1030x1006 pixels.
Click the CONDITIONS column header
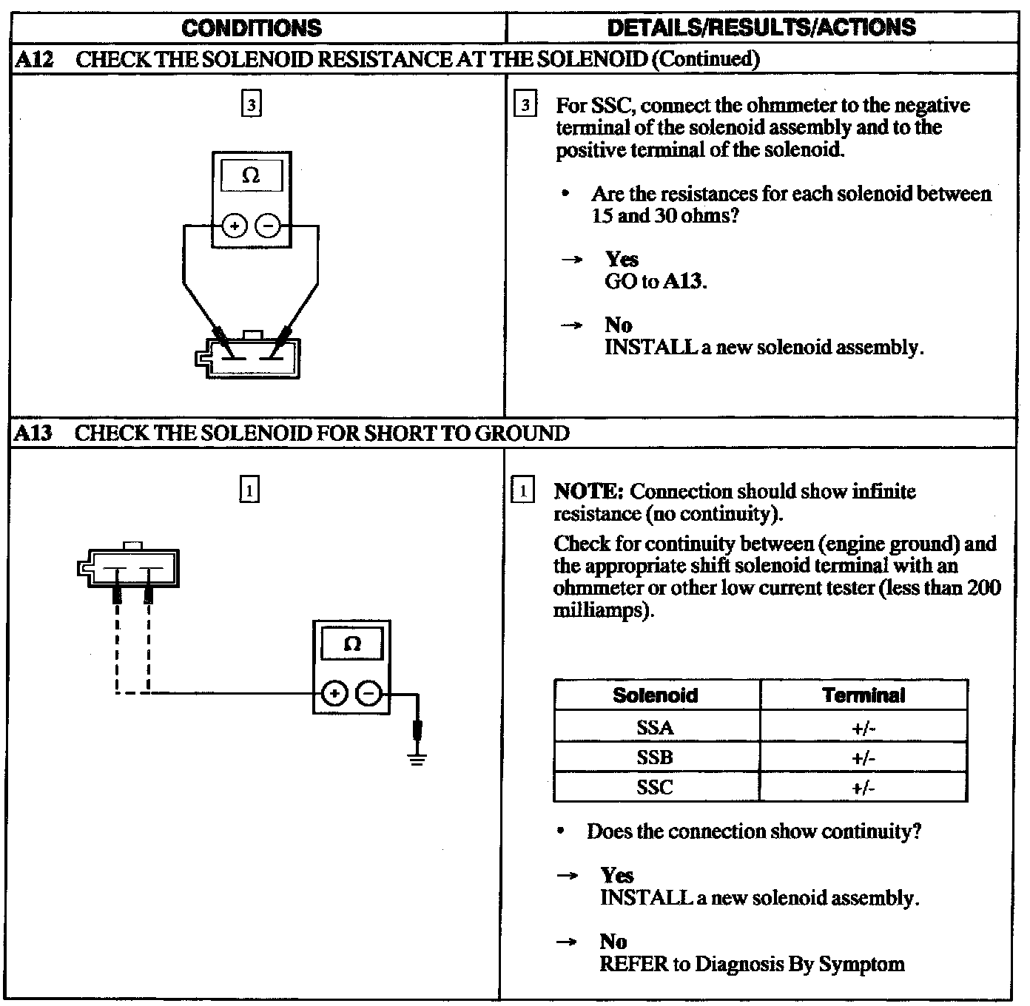[252, 28]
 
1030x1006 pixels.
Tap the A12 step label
[34, 59]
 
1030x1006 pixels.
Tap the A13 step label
[34, 433]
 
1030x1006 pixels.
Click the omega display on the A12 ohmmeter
[252, 176]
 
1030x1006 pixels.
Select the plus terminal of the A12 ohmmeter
[235, 226]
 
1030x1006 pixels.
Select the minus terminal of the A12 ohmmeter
[268, 226]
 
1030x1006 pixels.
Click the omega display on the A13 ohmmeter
[352, 644]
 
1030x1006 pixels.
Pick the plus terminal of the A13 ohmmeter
[334, 694]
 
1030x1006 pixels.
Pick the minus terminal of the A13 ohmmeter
[369, 694]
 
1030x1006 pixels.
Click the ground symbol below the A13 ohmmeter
[417, 757]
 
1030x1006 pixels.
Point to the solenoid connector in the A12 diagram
[248, 358]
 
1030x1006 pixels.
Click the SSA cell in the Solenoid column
[656, 728]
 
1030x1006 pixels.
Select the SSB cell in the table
[656, 757]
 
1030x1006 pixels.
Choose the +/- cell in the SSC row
[864, 788]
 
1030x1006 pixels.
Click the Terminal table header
[864, 695]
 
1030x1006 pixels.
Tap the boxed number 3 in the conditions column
[252, 105]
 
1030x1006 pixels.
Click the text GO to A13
[655, 281]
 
